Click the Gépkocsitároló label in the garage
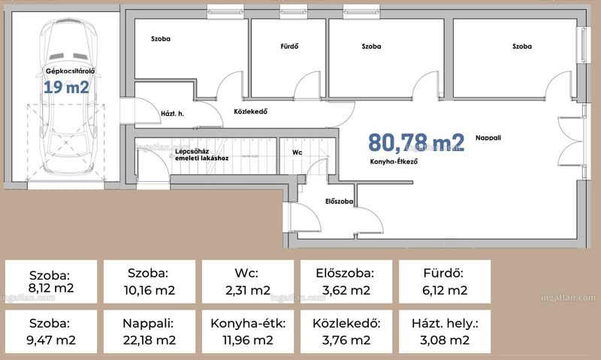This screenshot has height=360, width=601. [70, 71]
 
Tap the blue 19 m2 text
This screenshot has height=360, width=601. [67, 87]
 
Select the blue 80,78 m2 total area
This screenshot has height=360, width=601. [416, 142]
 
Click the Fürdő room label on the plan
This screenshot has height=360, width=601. [289, 47]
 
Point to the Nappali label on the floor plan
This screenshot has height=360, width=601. [488, 138]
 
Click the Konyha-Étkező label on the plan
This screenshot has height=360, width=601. [394, 162]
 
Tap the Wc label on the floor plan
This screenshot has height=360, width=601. [297, 153]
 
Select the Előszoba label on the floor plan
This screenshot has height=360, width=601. [340, 201]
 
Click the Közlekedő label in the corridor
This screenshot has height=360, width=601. [251, 111]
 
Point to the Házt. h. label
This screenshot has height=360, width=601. [173, 113]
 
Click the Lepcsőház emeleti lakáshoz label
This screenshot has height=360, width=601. [201, 155]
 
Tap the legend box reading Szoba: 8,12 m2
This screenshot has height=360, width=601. [51, 282]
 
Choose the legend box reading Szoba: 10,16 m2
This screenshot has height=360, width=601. [149, 282]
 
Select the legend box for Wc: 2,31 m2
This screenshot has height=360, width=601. [248, 282]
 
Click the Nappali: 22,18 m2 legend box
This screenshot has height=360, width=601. [149, 331]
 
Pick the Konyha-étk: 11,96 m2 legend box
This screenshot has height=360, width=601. [248, 331]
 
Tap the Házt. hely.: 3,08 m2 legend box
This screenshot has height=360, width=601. [445, 331]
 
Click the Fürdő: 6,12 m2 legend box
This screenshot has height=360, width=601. [445, 282]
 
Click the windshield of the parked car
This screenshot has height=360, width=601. [68, 56]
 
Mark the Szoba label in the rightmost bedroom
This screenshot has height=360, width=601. [522, 47]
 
